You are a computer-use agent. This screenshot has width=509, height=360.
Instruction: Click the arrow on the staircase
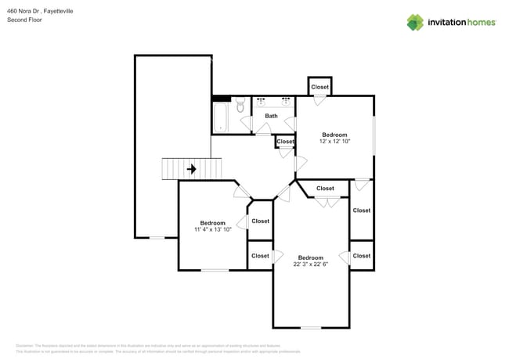tap(191, 168)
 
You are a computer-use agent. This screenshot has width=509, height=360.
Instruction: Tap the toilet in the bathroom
tap(240, 106)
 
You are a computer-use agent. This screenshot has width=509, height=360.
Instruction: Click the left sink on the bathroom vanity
tap(261, 102)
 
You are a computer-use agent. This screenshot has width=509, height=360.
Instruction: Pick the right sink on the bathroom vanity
tap(286, 102)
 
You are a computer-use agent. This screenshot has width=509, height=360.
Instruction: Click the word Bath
tap(271, 116)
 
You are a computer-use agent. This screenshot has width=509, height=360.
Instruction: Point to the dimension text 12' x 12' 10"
tap(334, 142)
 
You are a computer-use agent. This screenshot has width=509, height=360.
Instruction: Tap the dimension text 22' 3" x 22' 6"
tap(311, 265)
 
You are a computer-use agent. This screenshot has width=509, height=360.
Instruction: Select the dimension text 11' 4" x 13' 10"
tap(212, 229)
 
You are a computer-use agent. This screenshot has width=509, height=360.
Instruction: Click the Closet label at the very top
tap(319, 87)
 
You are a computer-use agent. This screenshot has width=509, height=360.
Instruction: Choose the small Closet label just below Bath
tap(286, 142)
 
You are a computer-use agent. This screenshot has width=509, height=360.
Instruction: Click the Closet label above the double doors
tap(325, 189)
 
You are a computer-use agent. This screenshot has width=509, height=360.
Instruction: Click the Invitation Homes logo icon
tap(414, 22)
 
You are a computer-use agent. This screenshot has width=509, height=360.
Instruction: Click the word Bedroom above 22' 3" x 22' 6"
tap(311, 257)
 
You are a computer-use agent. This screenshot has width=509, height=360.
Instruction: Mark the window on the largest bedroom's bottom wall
tap(311, 327)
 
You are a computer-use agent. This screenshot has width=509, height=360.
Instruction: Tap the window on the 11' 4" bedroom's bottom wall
tap(215, 270)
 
